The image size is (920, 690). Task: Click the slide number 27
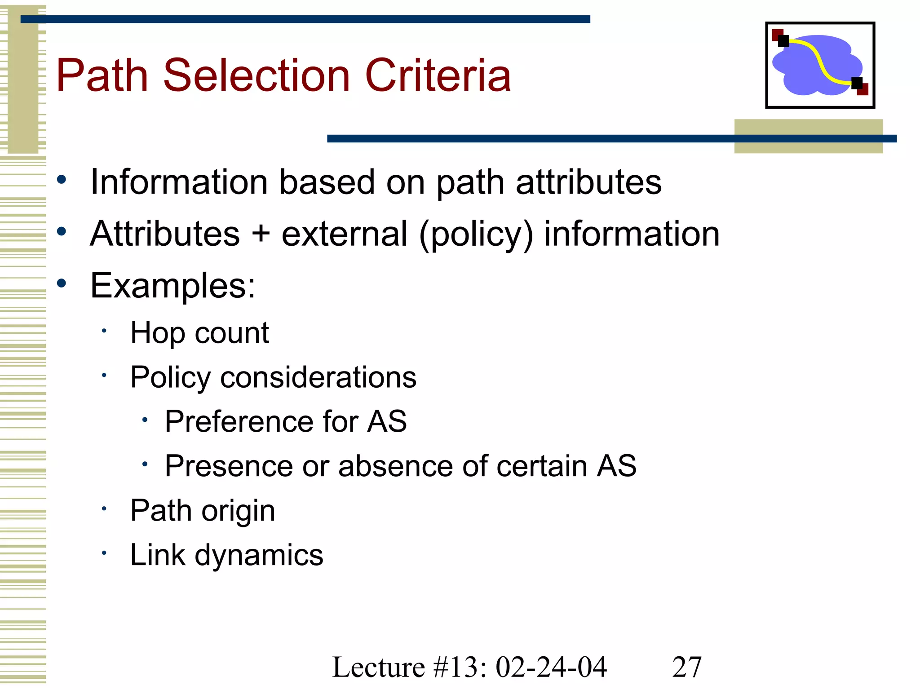pyautogui.click(x=686, y=667)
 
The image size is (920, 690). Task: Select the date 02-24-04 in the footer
pyautogui.click(x=551, y=667)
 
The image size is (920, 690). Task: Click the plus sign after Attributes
pyautogui.click(x=261, y=234)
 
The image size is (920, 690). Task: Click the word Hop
pyautogui.click(x=157, y=334)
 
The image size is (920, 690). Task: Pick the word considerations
pyautogui.click(x=318, y=377)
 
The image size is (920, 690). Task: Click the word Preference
pyautogui.click(x=239, y=421)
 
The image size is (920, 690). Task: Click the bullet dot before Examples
pyautogui.click(x=62, y=283)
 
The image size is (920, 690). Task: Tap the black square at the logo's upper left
pyautogui.click(x=783, y=41)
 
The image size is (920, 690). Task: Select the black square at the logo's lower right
pyautogui.click(x=857, y=83)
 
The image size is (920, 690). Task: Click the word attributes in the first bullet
pyautogui.click(x=588, y=182)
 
